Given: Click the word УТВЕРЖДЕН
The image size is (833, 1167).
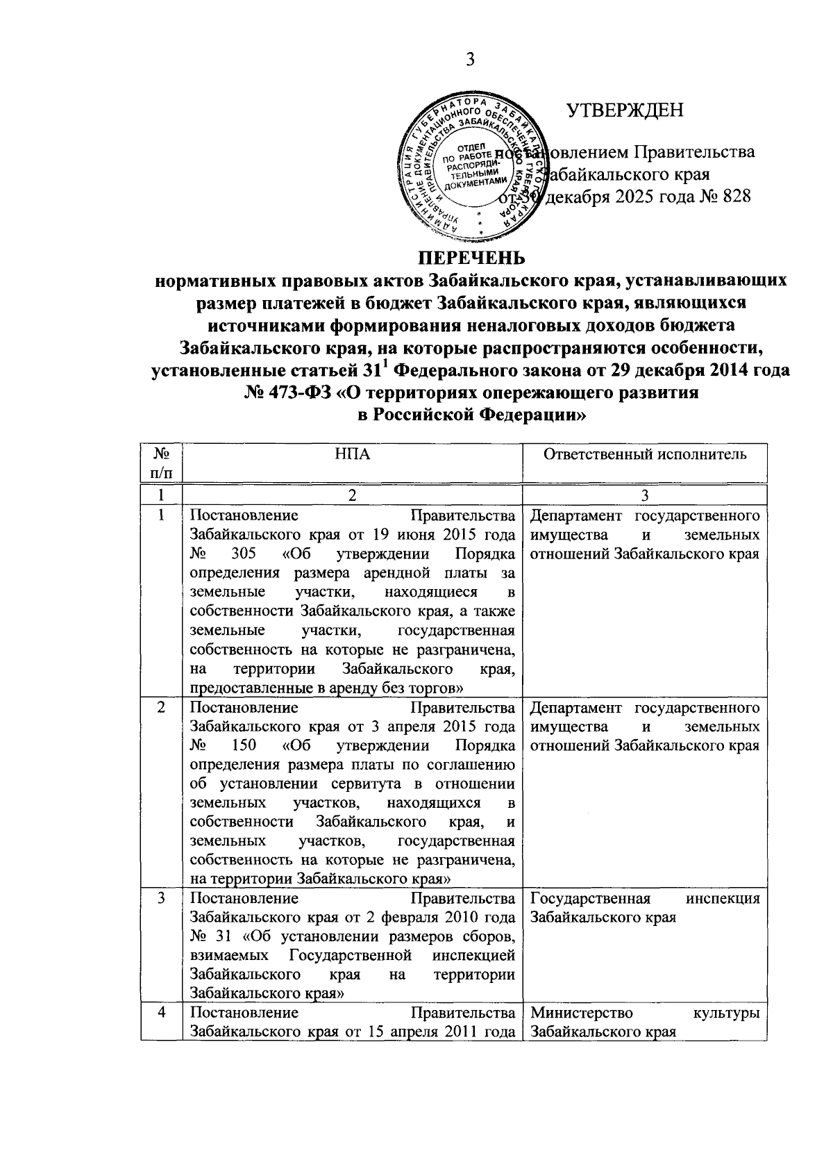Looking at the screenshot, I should [625, 110].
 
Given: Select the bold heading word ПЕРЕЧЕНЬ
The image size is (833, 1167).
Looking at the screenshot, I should [471, 258].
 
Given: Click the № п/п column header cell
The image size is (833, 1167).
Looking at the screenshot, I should [161, 463].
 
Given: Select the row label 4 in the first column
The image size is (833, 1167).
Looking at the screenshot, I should [161, 1012].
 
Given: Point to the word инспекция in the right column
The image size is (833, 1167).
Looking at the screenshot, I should [723, 899].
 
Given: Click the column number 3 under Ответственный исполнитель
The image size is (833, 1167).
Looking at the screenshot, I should [644, 495].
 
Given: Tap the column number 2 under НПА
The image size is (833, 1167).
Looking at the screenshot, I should [352, 495].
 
